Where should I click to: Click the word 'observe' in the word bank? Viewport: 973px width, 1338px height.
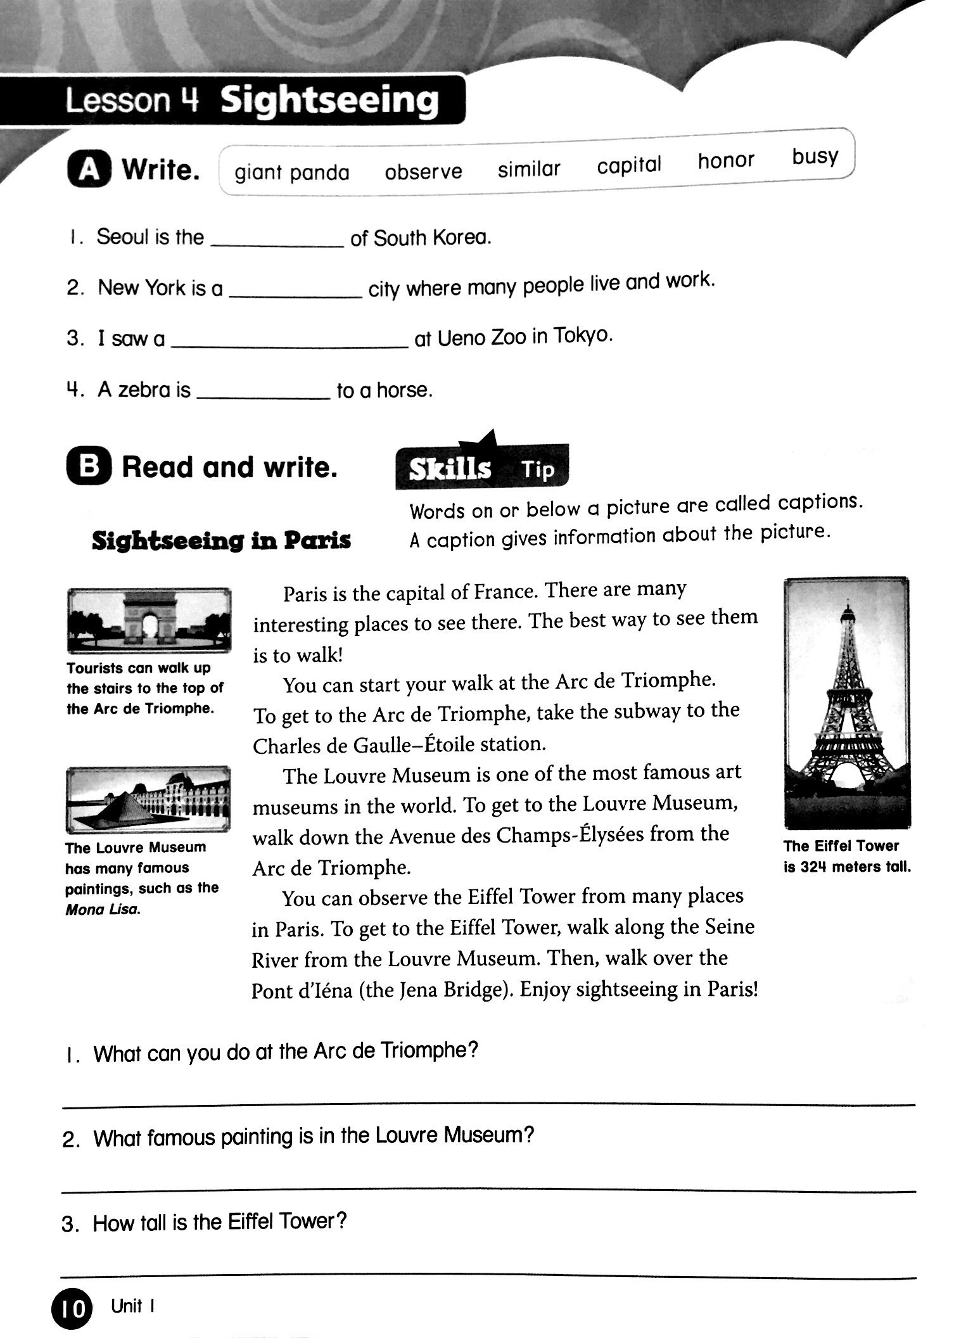pyautogui.click(x=423, y=172)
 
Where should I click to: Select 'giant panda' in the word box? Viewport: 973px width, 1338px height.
pyautogui.click(x=291, y=173)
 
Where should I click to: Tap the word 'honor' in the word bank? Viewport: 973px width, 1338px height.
pyautogui.click(x=725, y=161)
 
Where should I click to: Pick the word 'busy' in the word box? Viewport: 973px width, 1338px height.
pyautogui.click(x=814, y=156)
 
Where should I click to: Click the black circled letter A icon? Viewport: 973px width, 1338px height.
pyautogui.click(x=89, y=170)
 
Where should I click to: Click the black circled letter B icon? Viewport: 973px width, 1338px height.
pyautogui.click(x=89, y=468)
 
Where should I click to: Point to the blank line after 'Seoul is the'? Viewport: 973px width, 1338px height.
pyautogui.click(x=277, y=245)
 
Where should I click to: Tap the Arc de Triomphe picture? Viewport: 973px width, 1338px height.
pyautogui.click(x=149, y=620)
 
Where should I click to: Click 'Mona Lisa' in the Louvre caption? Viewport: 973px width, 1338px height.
pyautogui.click(x=103, y=910)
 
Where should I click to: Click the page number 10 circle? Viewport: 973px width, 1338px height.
pyautogui.click(x=72, y=1309)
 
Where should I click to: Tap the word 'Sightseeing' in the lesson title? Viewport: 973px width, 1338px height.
pyautogui.click(x=329, y=100)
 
